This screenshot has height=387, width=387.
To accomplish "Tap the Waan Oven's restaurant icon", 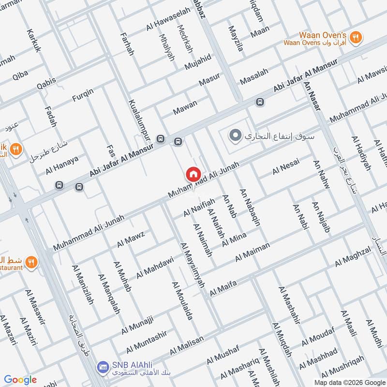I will pyautogui.click(x=356, y=37).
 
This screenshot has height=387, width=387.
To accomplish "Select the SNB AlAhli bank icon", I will pyautogui.click(x=102, y=367).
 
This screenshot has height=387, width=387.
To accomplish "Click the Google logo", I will pyautogui.click(x=21, y=380).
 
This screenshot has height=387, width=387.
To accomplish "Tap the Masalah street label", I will pyautogui.click(x=254, y=75).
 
